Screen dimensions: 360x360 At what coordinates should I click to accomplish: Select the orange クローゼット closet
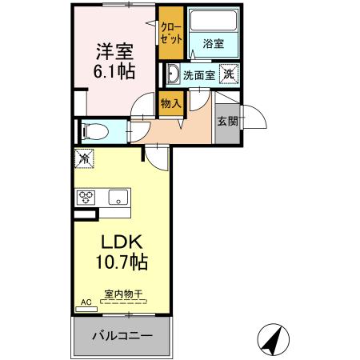(169, 34)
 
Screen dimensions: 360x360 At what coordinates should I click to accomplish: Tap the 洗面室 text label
(198, 76)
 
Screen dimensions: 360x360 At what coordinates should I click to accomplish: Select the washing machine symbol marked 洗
(230, 74)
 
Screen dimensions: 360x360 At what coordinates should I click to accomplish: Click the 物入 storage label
(170, 102)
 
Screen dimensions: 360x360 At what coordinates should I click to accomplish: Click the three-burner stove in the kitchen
(87, 198)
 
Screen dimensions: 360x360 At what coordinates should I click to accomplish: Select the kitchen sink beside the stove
(118, 198)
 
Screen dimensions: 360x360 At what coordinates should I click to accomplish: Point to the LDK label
(122, 242)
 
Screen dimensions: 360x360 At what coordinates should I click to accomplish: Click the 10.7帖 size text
(122, 262)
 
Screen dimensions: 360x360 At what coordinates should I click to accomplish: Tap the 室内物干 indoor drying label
(122, 294)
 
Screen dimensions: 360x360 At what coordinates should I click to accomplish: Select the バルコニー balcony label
(122, 334)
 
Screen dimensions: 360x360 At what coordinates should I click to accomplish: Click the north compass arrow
(273, 340)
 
